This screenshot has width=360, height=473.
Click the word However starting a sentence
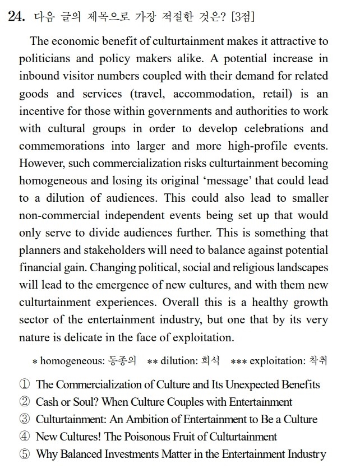click(40, 163)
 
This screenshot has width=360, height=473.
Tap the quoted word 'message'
click(207, 180)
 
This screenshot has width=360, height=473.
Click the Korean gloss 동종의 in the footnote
click(122, 360)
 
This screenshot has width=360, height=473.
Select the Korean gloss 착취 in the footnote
click(319, 360)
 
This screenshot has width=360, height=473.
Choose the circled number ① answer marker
click(24, 384)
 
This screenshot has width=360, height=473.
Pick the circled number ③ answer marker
click(24, 419)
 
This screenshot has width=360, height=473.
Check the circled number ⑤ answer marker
click(24, 453)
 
